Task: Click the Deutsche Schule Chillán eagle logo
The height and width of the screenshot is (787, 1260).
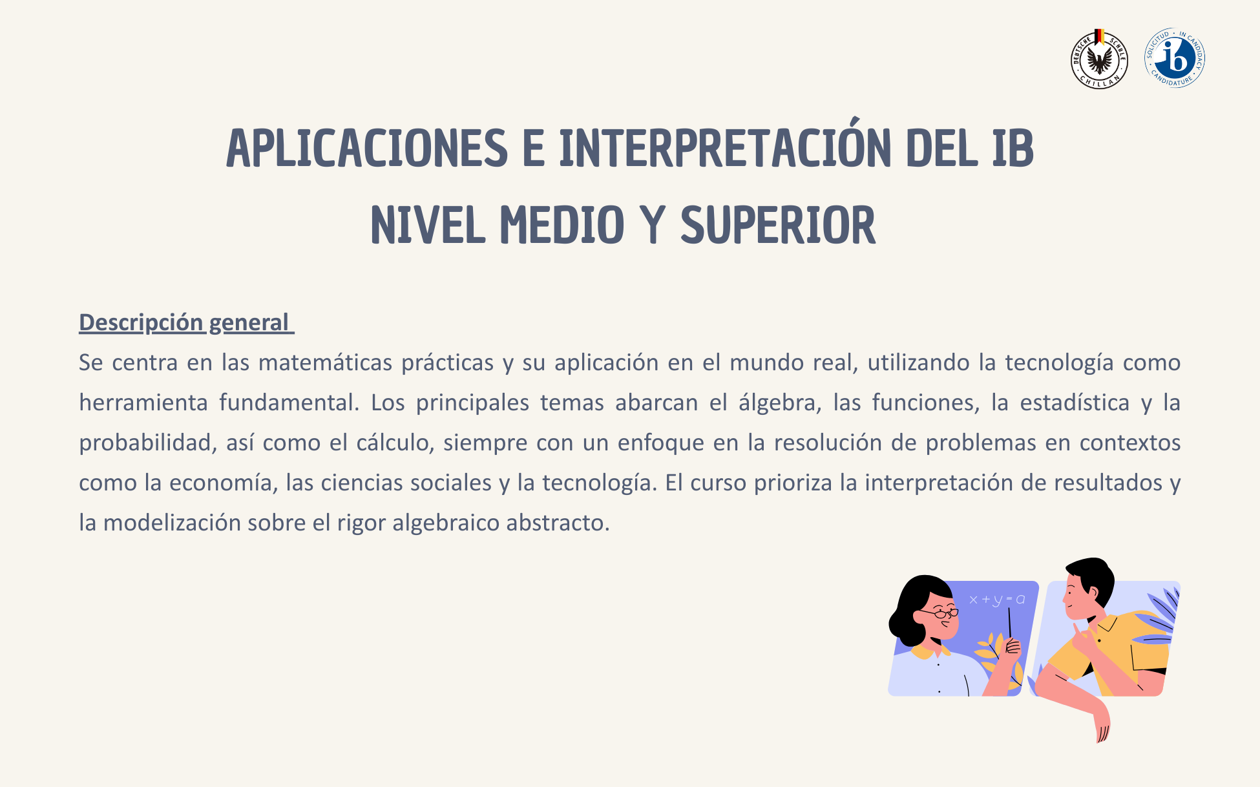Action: pyautogui.click(x=1099, y=59)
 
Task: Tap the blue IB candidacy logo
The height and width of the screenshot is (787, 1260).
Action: pyautogui.click(x=1175, y=58)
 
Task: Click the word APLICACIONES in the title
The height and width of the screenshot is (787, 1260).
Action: pyautogui.click(x=367, y=149)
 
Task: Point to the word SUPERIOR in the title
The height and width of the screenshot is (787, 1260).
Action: pyautogui.click(x=778, y=226)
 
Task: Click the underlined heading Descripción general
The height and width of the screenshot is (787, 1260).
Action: pyautogui.click(x=186, y=322)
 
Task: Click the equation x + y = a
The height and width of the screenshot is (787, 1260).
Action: pyautogui.click(x=997, y=600)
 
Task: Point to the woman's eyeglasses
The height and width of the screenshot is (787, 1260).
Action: pyautogui.click(x=940, y=613)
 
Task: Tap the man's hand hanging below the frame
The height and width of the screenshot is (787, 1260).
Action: pyautogui.click(x=1100, y=722)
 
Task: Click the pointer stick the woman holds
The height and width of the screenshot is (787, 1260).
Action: pyautogui.click(x=1009, y=622)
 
